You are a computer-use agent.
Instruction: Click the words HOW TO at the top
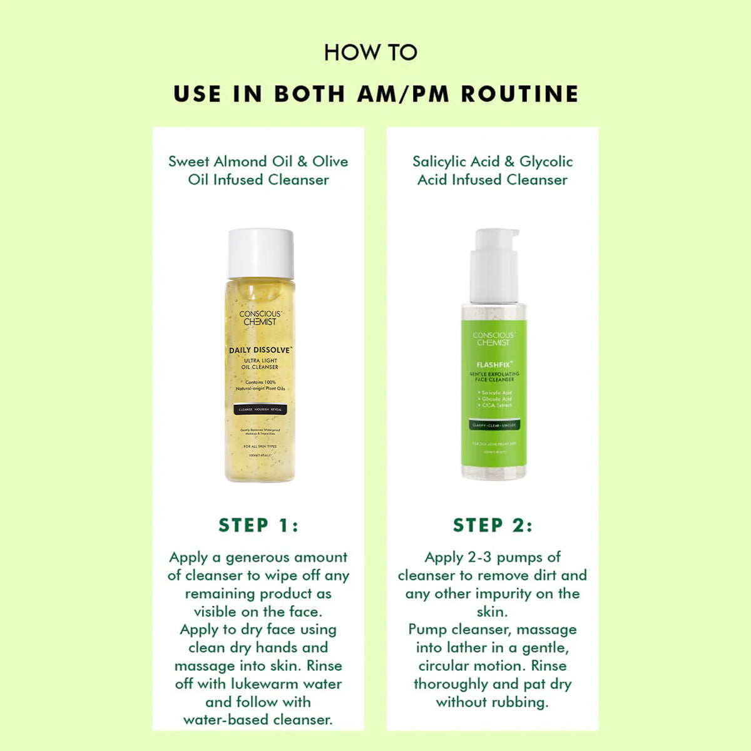[x=370, y=53]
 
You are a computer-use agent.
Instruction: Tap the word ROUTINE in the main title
[x=519, y=94]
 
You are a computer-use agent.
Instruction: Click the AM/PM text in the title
[x=403, y=94]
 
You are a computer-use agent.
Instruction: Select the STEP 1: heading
[x=258, y=525]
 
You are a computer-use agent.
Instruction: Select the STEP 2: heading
[x=493, y=525]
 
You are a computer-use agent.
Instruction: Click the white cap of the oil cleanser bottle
[x=260, y=253]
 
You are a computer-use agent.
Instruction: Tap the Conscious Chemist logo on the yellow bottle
[x=260, y=318]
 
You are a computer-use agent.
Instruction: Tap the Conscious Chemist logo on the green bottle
[x=494, y=339]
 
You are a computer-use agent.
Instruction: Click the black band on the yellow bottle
[x=260, y=409]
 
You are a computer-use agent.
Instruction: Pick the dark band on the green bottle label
[x=494, y=425]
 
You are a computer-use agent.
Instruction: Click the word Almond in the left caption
[x=240, y=161]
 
